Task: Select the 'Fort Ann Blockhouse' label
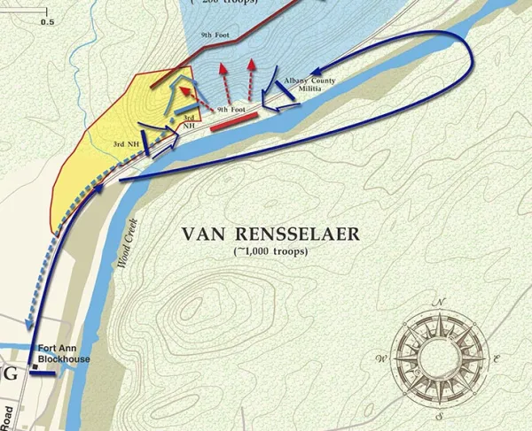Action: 65,352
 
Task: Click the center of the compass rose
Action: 439,356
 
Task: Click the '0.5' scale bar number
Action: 47,19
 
